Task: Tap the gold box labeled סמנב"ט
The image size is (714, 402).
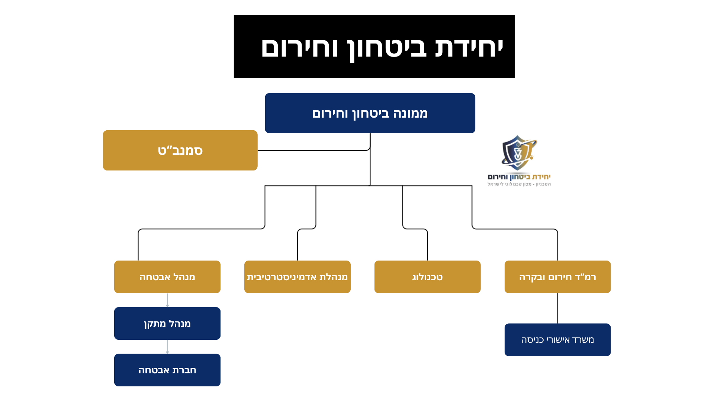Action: pos(180,150)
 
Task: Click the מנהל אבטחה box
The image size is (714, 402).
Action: pos(167,277)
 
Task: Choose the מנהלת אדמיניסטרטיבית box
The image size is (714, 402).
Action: pos(297,277)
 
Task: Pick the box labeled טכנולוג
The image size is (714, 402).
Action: pos(427,277)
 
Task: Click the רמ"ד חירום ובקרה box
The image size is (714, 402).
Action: pos(557,277)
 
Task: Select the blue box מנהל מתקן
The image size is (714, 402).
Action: pos(167,323)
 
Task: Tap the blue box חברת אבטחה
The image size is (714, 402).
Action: pos(167,370)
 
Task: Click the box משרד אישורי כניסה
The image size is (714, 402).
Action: pos(557,340)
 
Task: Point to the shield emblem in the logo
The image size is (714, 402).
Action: pos(518,153)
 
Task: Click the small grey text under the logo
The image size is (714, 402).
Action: pos(519,184)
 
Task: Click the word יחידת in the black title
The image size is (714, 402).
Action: pos(469,48)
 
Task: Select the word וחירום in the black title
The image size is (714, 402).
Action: pos(300,48)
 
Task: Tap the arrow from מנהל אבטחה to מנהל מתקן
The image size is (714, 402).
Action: pos(167,300)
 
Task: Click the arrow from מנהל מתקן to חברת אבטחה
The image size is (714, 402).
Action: pos(167,347)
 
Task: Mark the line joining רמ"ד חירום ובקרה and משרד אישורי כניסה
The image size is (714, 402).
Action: pos(557,308)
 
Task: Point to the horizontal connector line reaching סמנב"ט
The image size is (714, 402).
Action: pos(312,150)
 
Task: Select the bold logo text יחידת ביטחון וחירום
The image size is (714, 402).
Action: pos(519,177)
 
